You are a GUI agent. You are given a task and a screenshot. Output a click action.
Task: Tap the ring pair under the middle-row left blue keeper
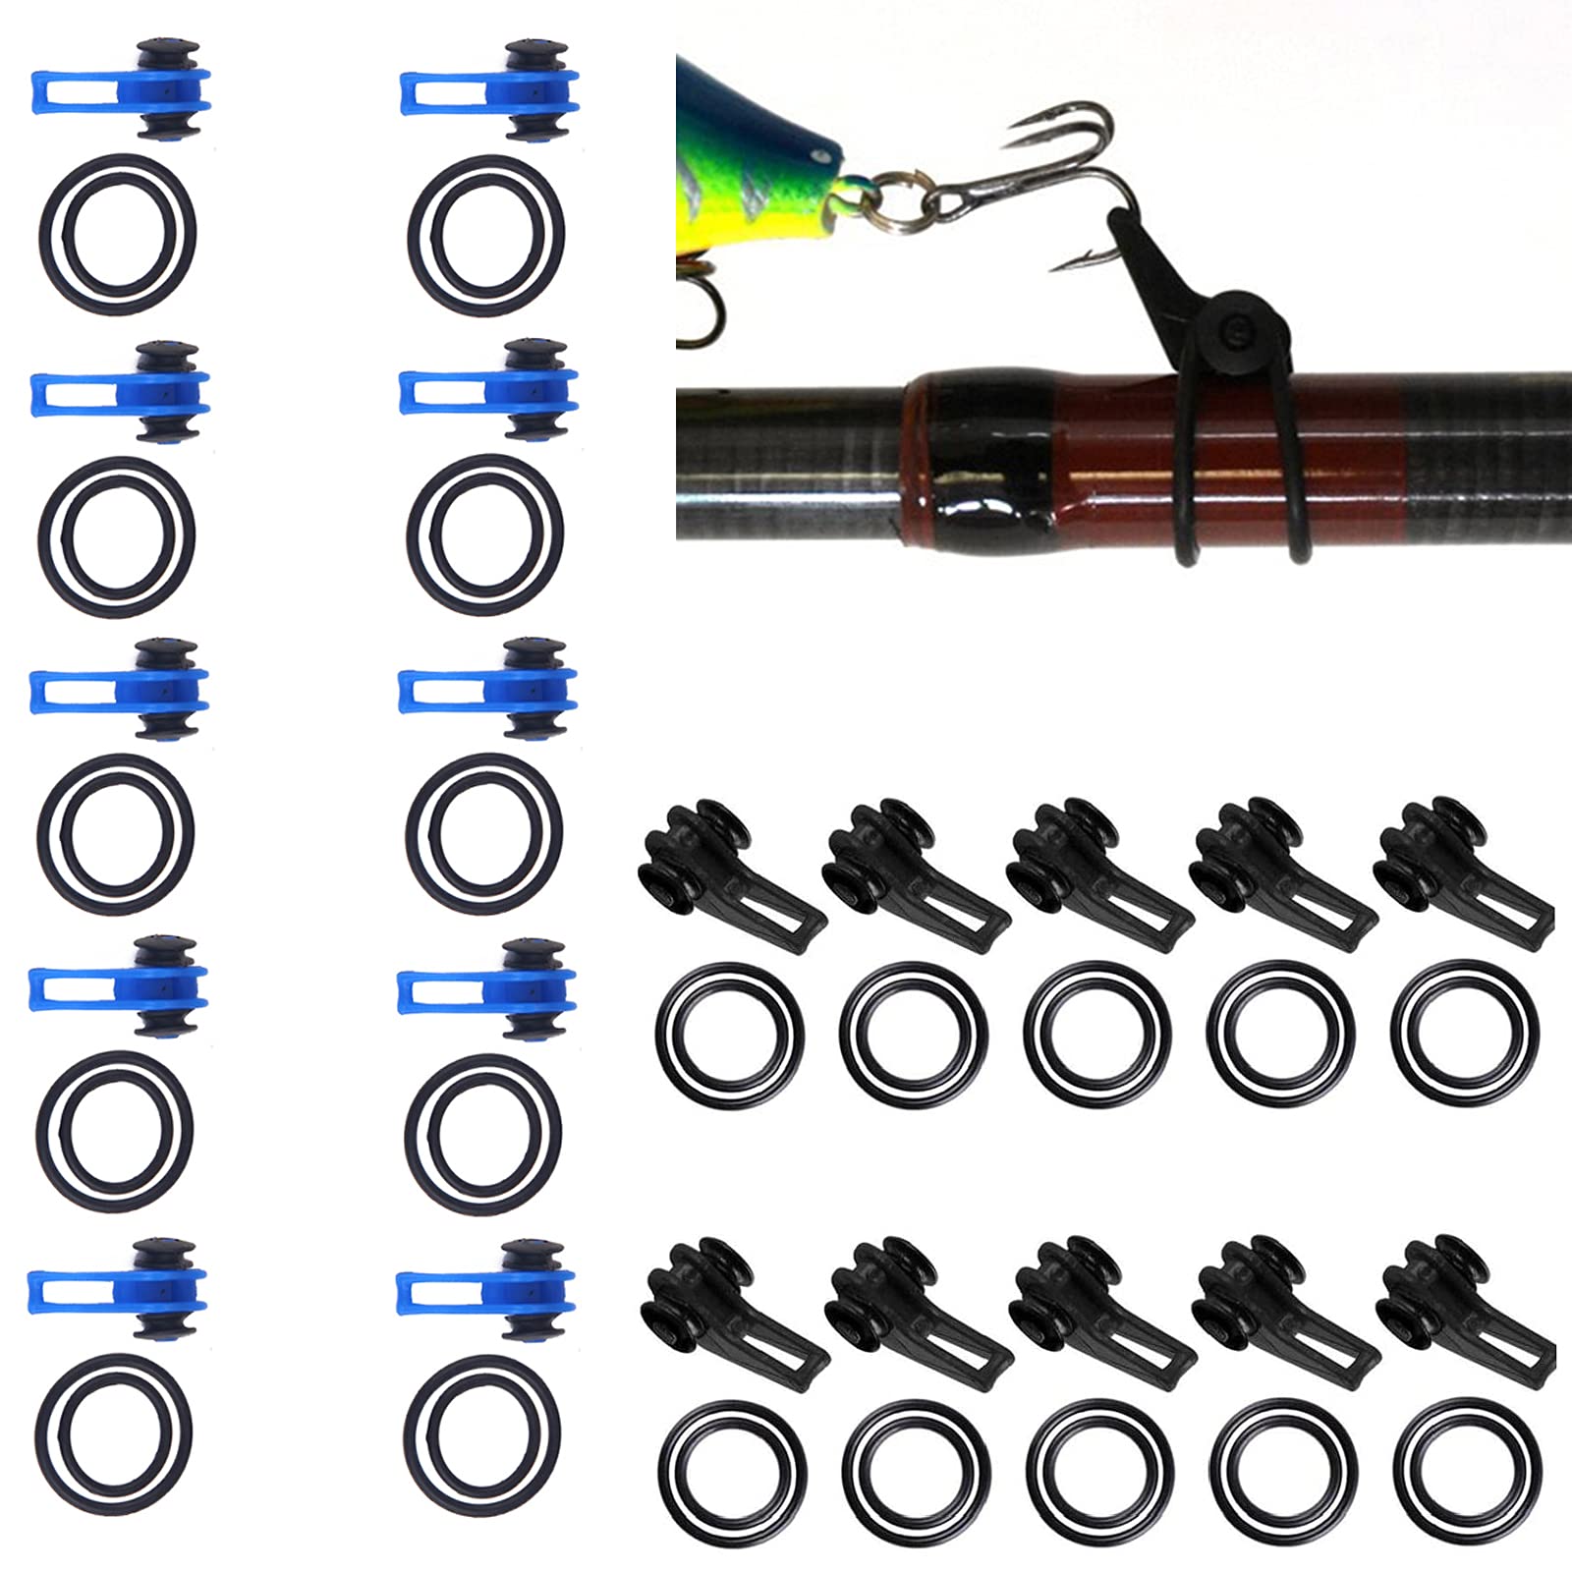tap(116, 833)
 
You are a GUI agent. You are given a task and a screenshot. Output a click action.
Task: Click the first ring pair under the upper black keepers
tap(730, 1035)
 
